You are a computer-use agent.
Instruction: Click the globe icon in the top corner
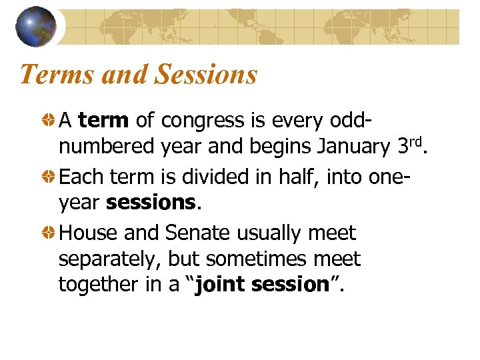coord(35,27)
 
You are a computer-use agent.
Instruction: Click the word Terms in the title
coord(55,74)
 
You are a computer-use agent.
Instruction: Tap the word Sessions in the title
coord(205,74)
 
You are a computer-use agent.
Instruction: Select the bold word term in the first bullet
coord(103,121)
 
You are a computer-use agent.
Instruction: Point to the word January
coord(352,146)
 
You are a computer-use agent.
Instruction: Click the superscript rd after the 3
coord(414,141)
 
